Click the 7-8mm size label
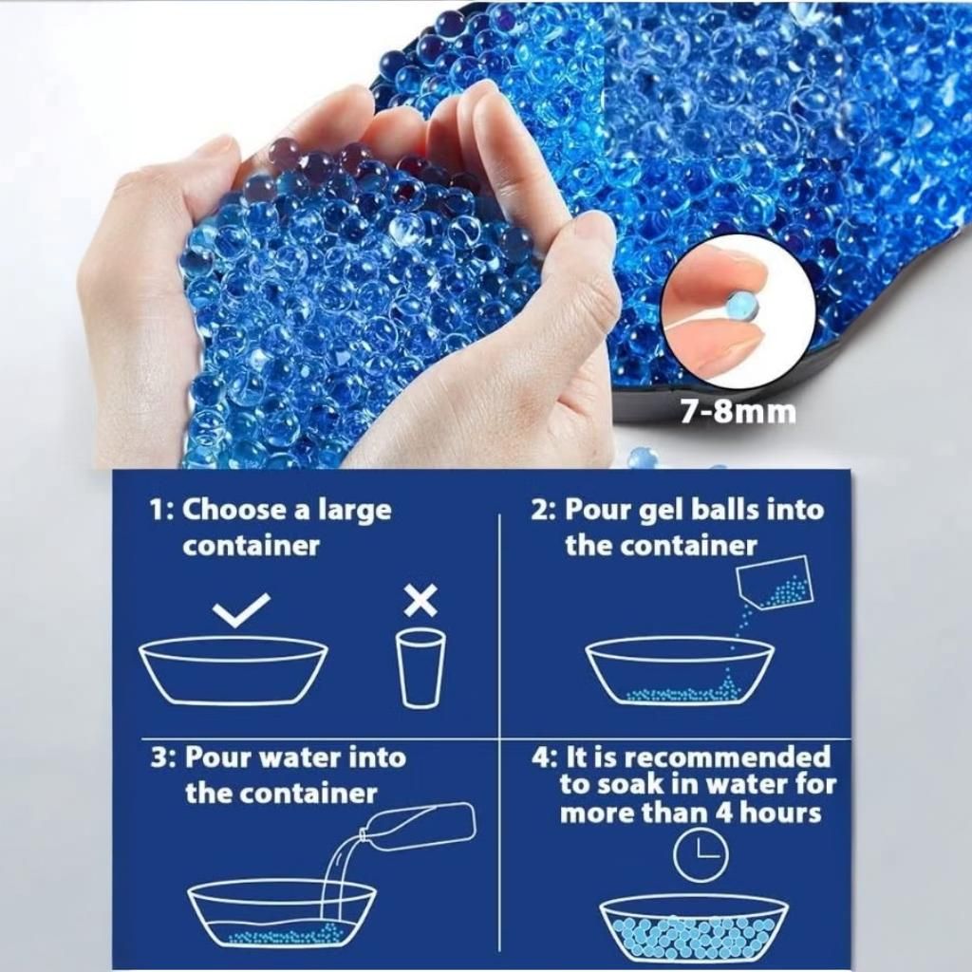click(737, 412)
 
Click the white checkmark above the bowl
click(241, 608)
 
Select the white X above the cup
click(421, 600)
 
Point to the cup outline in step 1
click(421, 667)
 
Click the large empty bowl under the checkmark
click(234, 670)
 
